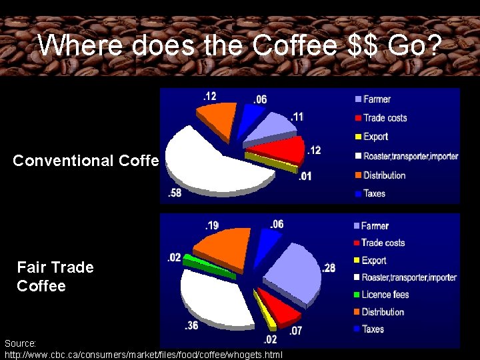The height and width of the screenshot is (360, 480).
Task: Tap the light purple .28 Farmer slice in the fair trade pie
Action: coord(293,270)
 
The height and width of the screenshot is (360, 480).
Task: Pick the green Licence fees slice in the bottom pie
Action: coord(208,267)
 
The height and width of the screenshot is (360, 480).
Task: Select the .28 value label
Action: coord(328,268)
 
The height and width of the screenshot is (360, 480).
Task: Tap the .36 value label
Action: coord(191,326)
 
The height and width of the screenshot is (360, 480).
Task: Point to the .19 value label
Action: coord(211,225)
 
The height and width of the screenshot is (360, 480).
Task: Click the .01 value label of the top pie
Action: coord(305,176)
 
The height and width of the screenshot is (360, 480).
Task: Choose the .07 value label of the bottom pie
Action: coord(296,330)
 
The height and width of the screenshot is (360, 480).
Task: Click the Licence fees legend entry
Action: coord(385,295)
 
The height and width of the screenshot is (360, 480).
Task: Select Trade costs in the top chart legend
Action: coord(385,118)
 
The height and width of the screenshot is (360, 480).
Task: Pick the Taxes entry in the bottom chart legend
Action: coord(373,329)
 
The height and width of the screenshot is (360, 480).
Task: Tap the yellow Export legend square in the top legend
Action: coord(358,137)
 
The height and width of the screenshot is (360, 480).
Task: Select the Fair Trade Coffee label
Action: coord(55,276)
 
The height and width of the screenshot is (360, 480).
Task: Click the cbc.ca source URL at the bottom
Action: coord(143,353)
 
